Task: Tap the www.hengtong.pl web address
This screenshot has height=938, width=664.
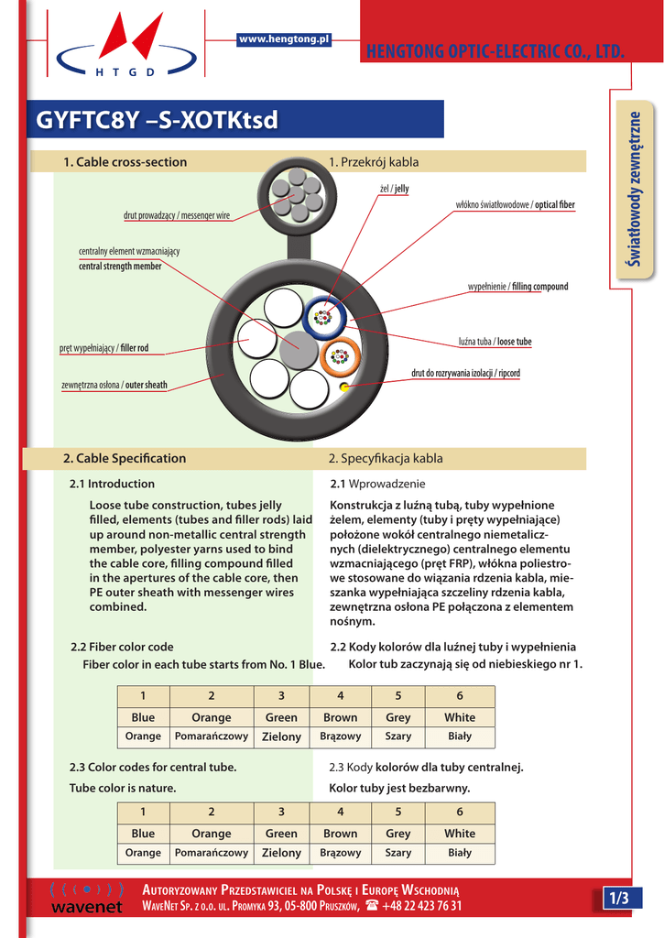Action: point(284,38)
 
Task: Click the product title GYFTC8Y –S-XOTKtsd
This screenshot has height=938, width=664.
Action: point(157,120)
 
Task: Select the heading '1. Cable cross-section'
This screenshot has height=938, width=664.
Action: point(125,162)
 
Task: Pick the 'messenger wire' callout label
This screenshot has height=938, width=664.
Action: point(177,215)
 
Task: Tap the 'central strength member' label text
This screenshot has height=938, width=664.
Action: point(120,267)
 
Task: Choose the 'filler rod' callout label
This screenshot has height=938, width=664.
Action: point(103,348)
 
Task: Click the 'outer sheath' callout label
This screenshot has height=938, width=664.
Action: point(114,385)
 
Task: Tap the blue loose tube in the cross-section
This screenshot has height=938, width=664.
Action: point(322,318)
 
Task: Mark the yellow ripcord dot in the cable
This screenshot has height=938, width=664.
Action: point(344,387)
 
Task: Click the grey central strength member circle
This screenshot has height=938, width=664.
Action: point(297,349)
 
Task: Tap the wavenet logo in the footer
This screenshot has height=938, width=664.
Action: point(87,899)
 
